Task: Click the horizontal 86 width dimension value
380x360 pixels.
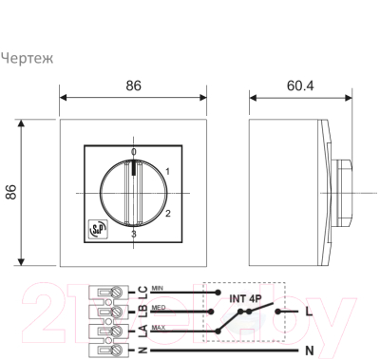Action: click(133, 85)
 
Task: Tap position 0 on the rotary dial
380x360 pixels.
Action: click(133, 152)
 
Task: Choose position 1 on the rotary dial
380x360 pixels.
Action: click(167, 171)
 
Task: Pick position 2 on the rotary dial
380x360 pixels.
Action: click(167, 213)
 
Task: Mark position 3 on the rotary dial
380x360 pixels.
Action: click(133, 234)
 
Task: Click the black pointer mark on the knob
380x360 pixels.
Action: click(133, 170)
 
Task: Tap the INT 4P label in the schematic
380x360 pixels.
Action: click(245, 296)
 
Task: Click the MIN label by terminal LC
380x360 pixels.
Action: click(158, 286)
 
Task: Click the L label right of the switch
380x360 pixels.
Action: click(308, 311)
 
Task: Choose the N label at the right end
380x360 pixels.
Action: click(308, 351)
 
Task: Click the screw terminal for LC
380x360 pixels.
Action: click(116, 292)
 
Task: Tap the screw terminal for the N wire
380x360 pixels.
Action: click(116, 351)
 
